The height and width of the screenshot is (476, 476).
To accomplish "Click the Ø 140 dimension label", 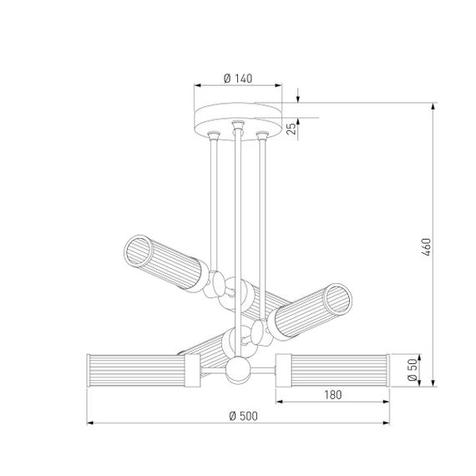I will (x=239, y=78).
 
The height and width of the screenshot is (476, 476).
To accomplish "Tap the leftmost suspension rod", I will (x=214, y=200).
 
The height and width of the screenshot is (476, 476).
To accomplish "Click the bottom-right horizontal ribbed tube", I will (x=334, y=370).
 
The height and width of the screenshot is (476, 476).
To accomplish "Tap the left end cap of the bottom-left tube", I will (x=89, y=370).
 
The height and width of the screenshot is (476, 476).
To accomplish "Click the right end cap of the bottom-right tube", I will (x=387, y=370).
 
